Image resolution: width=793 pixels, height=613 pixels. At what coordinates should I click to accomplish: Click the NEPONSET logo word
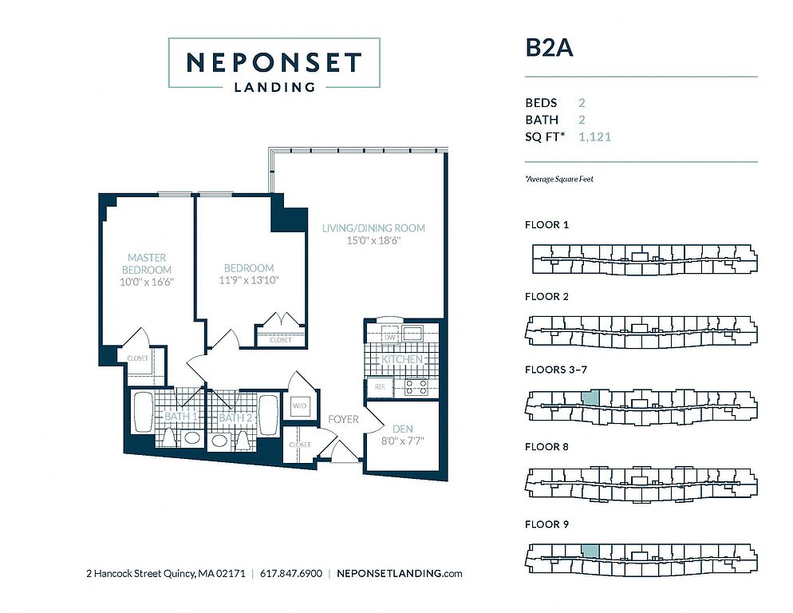(274, 63)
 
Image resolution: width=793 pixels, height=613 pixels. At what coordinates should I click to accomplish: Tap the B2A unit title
(549, 48)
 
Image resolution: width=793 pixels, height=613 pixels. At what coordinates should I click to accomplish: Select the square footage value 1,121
(595, 136)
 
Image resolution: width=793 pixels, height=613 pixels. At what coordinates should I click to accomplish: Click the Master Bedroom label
(147, 263)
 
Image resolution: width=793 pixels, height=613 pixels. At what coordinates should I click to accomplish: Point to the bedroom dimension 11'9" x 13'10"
(249, 280)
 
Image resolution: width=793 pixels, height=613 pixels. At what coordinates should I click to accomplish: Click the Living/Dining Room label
(373, 228)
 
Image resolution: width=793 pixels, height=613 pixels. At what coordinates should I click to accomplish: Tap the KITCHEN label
(402, 359)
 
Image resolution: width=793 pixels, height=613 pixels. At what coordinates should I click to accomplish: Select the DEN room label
(403, 429)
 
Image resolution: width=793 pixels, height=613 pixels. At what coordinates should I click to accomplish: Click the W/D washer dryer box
(300, 406)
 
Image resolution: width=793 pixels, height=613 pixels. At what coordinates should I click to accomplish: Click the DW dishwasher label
(390, 337)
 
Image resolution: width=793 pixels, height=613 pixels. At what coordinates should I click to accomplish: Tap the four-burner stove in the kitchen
(416, 387)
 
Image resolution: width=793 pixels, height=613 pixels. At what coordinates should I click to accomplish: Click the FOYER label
(343, 419)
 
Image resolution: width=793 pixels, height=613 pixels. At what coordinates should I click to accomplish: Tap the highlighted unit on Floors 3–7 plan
(590, 397)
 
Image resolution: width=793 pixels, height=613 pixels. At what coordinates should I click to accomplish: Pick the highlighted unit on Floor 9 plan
(590, 552)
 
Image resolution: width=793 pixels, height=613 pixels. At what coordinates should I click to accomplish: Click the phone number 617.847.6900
(291, 574)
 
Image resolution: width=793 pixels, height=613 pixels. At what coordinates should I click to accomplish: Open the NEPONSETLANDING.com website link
(399, 574)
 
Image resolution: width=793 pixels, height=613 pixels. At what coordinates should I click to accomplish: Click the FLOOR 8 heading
(546, 447)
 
